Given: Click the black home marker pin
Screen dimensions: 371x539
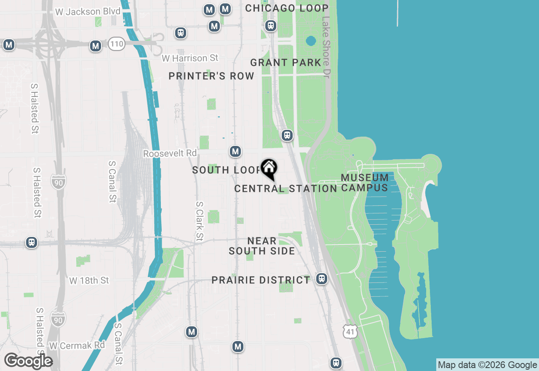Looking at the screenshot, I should coord(269,169).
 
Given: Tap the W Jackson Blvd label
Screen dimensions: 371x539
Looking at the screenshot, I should coord(88,11).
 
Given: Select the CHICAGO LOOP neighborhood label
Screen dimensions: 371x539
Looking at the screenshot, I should coord(287,8).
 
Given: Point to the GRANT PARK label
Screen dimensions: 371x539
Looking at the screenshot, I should coord(286,63).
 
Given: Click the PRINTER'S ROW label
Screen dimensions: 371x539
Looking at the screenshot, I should coord(211,76).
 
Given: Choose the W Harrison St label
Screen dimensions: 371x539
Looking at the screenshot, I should coord(190,58).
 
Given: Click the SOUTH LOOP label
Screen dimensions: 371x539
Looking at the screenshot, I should coord(227,170).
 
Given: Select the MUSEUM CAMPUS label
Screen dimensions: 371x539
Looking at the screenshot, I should coord(365,183).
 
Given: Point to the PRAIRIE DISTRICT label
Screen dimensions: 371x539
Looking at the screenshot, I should coord(261,280).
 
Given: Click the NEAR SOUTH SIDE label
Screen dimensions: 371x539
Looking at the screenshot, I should coord(262,246).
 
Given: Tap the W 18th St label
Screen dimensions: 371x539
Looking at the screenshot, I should coord(89,280).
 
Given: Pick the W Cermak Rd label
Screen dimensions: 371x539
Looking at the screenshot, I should coord(77,345).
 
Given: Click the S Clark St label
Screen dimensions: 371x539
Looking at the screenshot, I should coord(199,221).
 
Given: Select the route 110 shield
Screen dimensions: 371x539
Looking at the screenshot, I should coord(116,43).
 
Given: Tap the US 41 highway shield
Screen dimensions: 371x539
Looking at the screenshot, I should coord(350,331).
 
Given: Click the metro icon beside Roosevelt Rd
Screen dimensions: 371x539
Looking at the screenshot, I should coord(235,151).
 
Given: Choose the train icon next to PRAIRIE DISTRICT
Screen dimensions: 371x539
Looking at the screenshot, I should coord(322,279).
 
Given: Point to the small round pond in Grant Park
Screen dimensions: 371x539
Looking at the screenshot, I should coord(311,41).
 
